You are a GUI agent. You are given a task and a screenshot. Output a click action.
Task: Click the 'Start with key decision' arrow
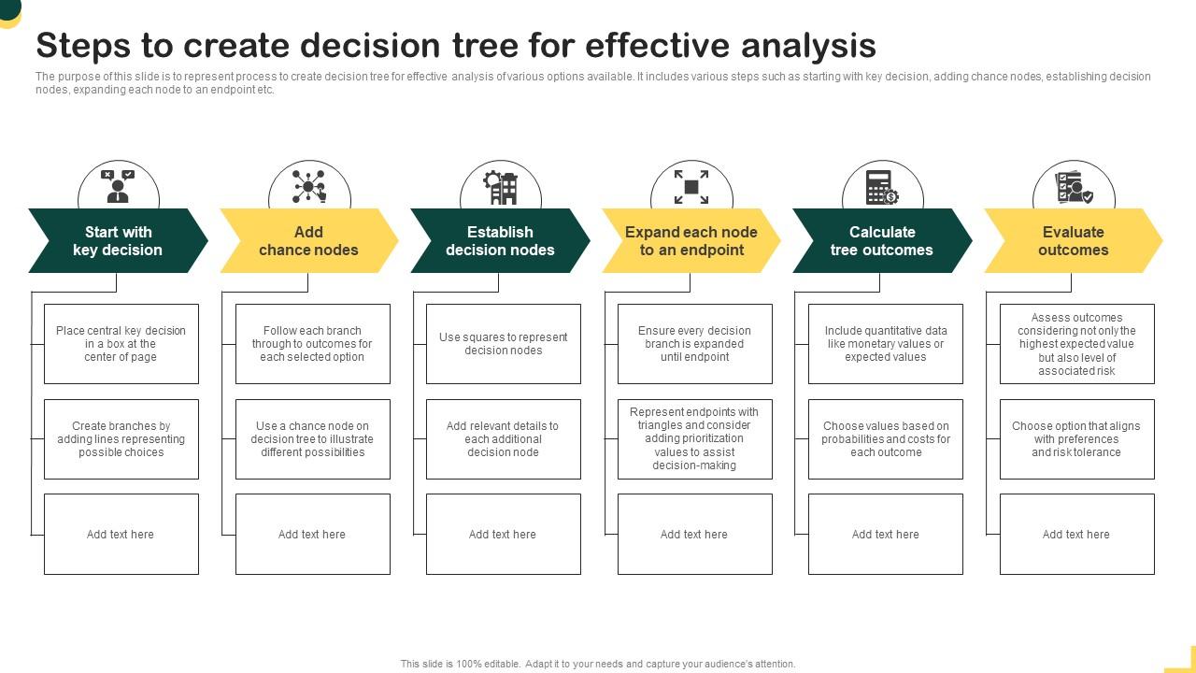118,241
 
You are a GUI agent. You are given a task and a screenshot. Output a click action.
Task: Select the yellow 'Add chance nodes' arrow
308,241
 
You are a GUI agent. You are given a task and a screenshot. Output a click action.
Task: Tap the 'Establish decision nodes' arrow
500,241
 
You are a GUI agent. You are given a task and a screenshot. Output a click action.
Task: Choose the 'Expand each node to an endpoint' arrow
691,241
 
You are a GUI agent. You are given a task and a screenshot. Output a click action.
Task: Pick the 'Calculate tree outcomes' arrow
882,241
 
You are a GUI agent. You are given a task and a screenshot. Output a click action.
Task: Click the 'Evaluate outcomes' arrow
1073,241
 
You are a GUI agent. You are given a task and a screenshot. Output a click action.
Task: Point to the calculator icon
881,187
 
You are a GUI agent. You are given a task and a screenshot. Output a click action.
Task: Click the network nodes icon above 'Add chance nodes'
308,186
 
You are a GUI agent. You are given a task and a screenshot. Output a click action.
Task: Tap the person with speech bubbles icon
118,186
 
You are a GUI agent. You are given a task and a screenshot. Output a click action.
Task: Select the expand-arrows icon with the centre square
691,187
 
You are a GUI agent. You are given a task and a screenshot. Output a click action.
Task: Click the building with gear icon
501,186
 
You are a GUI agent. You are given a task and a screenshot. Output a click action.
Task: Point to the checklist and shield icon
1073,187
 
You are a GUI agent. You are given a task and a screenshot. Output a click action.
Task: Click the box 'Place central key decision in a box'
121,344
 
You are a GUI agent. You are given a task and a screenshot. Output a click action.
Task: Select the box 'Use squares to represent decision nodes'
504,344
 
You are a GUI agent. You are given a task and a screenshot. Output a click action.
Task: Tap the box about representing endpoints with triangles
694,438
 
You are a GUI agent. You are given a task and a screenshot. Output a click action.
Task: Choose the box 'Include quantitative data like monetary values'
886,344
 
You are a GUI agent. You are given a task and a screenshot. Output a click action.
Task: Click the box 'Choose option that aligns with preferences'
1076,439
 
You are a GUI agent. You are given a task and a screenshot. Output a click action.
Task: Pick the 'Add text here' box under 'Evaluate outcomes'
1076,535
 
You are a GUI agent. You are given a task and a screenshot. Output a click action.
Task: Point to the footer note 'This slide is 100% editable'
598,664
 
